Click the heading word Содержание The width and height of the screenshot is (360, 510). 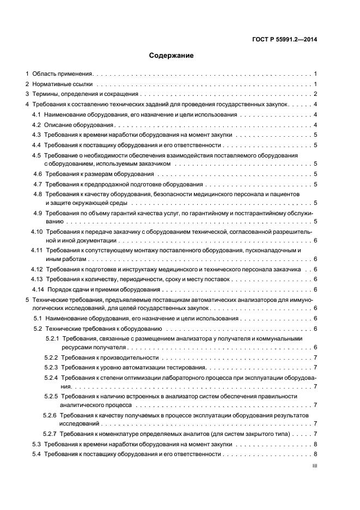(171, 56)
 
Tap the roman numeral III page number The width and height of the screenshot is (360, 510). (314, 466)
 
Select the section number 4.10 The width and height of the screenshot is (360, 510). (36, 232)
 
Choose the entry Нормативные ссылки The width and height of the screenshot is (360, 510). (62, 84)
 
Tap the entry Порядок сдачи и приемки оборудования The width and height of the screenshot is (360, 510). (103, 289)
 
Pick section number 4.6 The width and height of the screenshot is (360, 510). (38, 174)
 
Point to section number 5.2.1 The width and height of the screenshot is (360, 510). (52, 339)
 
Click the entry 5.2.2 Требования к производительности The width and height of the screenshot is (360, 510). (109, 358)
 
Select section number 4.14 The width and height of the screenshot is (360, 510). (37, 289)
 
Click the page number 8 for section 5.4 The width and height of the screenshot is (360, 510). (315, 454)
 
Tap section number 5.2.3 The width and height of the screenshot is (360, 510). (51, 368)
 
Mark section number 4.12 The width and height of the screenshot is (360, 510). (36, 270)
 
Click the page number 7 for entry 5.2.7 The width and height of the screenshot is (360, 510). (315, 434)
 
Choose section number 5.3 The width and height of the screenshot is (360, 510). (36, 445)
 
